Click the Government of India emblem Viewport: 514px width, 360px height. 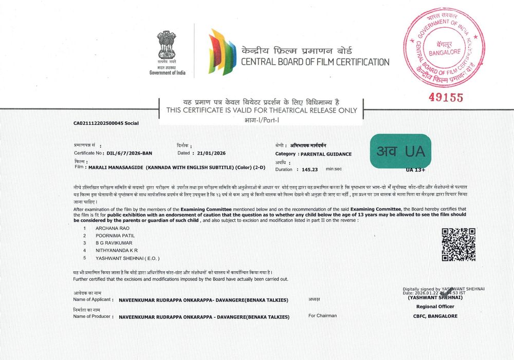coord(167,45)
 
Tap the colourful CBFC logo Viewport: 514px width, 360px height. coord(222,51)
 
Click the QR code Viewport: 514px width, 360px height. coord(458,245)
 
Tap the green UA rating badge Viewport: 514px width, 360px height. coord(400,150)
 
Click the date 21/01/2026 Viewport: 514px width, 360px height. coord(212,154)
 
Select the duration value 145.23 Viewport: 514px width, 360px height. coord(310,169)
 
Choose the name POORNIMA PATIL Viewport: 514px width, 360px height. coord(115,235)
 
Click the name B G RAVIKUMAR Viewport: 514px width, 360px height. coord(115,242)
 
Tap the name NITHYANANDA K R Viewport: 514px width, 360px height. coord(117,250)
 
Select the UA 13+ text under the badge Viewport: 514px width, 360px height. coord(416,169)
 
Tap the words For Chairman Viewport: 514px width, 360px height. coord(322,316)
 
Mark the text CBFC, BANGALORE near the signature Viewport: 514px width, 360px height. coord(435,316)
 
